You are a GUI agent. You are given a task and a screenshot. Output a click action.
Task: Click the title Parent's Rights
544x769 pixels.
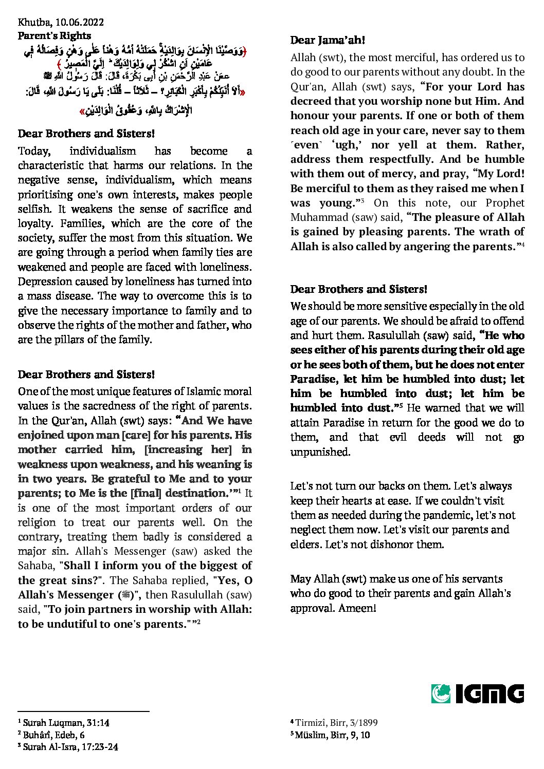[x=55, y=35]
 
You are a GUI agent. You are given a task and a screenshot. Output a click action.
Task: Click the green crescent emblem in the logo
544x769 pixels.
[x=441, y=693]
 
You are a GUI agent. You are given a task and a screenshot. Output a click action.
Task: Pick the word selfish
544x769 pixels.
[x=33, y=209]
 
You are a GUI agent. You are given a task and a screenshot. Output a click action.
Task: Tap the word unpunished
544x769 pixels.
[x=320, y=452]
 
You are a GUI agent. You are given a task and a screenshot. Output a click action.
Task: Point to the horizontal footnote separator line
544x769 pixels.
[x=83, y=711]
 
